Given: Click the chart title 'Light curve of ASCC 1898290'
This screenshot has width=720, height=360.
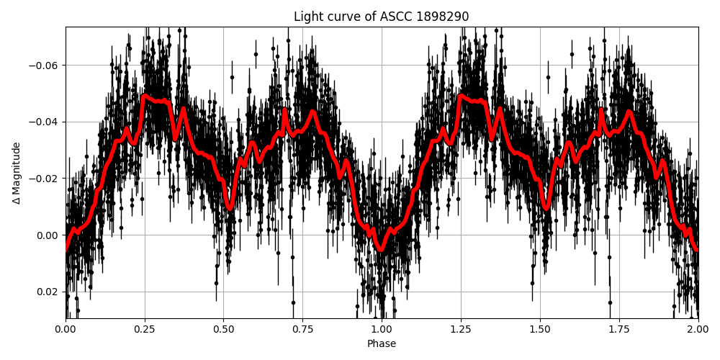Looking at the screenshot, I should pos(382,17).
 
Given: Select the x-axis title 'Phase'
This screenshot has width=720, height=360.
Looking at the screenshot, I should pos(382,344).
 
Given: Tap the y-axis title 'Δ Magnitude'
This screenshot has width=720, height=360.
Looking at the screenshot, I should pos(17,173).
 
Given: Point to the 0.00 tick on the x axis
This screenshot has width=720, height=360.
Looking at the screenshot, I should pos(66,330).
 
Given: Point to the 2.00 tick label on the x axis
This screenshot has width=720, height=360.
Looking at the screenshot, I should pos(698,330).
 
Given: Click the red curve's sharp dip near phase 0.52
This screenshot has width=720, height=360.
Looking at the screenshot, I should pos(230,208).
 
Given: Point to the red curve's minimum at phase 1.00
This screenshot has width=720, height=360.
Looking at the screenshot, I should pos(381,250).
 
